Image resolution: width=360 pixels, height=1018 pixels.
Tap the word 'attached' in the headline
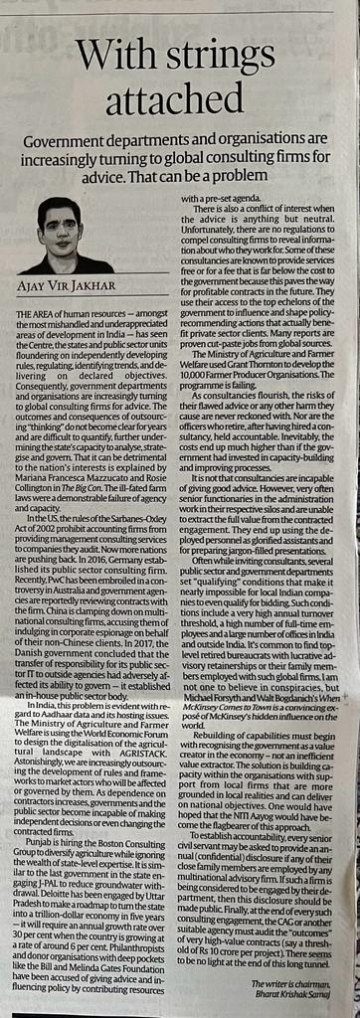click(180, 99)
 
